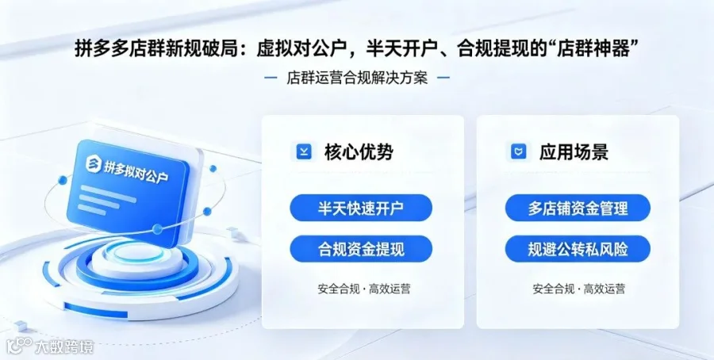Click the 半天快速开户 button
[361, 208]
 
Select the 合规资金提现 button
[361, 249]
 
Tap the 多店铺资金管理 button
[578, 208]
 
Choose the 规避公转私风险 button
[578, 249]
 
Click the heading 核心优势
[359, 151]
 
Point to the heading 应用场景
[574, 151]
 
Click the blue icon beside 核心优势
[304, 151]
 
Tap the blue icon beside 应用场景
[518, 151]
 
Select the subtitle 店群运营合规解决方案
[357, 78]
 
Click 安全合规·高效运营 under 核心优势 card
[364, 289]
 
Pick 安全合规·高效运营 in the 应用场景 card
[579, 289]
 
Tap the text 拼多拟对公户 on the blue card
[136, 171]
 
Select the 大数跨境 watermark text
[65, 348]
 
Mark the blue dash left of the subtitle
[271, 78]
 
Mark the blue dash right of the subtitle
[443, 78]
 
